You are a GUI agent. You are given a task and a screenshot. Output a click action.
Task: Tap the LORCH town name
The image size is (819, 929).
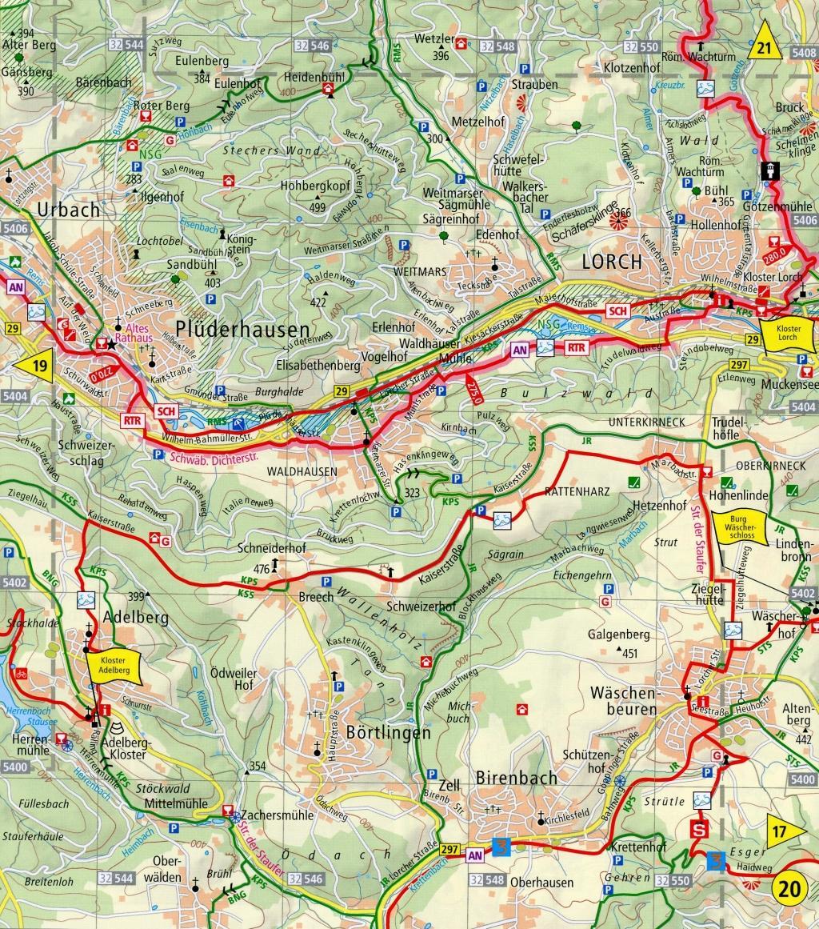612,262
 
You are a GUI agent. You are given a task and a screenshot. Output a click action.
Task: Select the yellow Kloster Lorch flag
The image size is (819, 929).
783,332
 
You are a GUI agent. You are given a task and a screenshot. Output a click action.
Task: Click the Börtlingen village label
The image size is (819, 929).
377,732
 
